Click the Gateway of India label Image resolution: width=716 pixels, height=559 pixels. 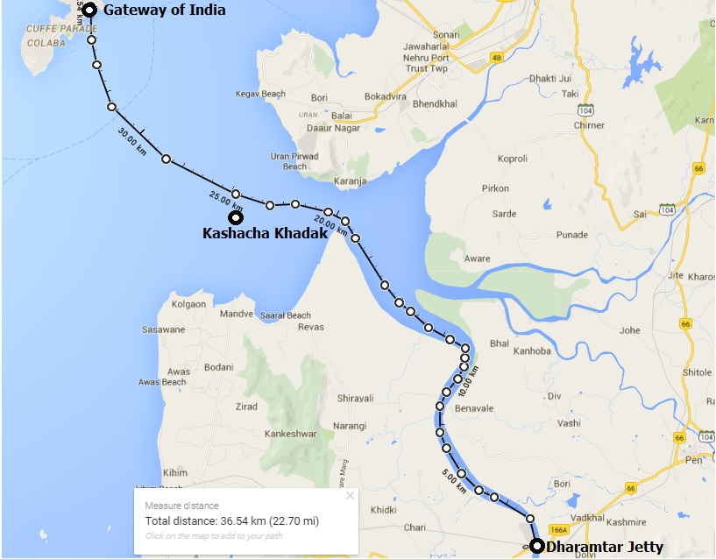[164, 11]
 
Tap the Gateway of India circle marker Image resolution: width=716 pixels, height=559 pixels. [89, 11]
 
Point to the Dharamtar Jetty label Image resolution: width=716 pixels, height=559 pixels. [604, 548]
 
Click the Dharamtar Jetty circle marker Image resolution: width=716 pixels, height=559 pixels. [536, 548]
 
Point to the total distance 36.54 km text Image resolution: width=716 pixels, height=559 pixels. [231, 521]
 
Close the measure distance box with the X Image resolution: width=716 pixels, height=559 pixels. [350, 496]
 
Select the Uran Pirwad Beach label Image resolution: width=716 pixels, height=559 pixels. [294, 161]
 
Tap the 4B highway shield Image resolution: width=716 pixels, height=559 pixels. [497, 58]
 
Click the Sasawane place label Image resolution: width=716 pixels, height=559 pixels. [164, 330]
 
